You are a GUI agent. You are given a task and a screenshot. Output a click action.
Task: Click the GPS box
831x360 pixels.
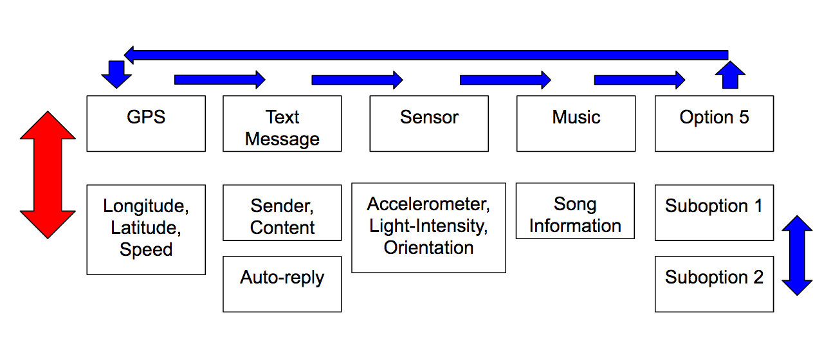[146, 123]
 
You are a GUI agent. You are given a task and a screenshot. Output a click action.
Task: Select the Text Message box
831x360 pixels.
[282, 123]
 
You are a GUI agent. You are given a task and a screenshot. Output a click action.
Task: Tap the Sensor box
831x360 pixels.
[429, 123]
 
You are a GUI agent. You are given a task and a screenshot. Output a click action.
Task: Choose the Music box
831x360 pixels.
[576, 123]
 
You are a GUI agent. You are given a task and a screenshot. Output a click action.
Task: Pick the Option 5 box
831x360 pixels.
[715, 123]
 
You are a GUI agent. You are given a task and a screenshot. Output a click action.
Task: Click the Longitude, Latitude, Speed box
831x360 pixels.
[146, 230]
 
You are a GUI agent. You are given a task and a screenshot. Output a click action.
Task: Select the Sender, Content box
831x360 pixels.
[282, 213]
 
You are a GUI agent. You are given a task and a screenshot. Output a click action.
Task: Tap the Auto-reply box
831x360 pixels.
[282, 284]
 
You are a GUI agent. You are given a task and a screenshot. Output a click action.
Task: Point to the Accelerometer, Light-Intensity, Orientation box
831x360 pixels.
[429, 228]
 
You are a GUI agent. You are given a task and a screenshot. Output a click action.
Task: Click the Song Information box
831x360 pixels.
[576, 211]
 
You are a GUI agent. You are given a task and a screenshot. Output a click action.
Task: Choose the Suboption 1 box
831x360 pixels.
[715, 213]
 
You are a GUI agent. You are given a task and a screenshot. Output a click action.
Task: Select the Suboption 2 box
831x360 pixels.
[715, 284]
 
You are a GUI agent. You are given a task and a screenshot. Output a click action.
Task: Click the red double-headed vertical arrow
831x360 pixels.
[48, 175]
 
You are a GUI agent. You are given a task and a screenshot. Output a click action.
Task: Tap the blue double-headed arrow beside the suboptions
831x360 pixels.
[798, 255]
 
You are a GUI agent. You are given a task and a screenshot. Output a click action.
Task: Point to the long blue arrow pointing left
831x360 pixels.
[426, 55]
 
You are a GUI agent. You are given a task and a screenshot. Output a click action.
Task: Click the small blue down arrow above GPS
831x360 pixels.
[116, 75]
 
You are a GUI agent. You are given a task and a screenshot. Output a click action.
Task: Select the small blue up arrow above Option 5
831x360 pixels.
[730, 75]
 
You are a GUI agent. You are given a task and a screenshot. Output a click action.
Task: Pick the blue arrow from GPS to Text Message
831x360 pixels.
[220, 80]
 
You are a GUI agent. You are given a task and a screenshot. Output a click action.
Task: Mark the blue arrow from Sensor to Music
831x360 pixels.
[506, 80]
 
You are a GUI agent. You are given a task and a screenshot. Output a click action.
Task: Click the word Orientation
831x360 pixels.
[428, 248]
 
